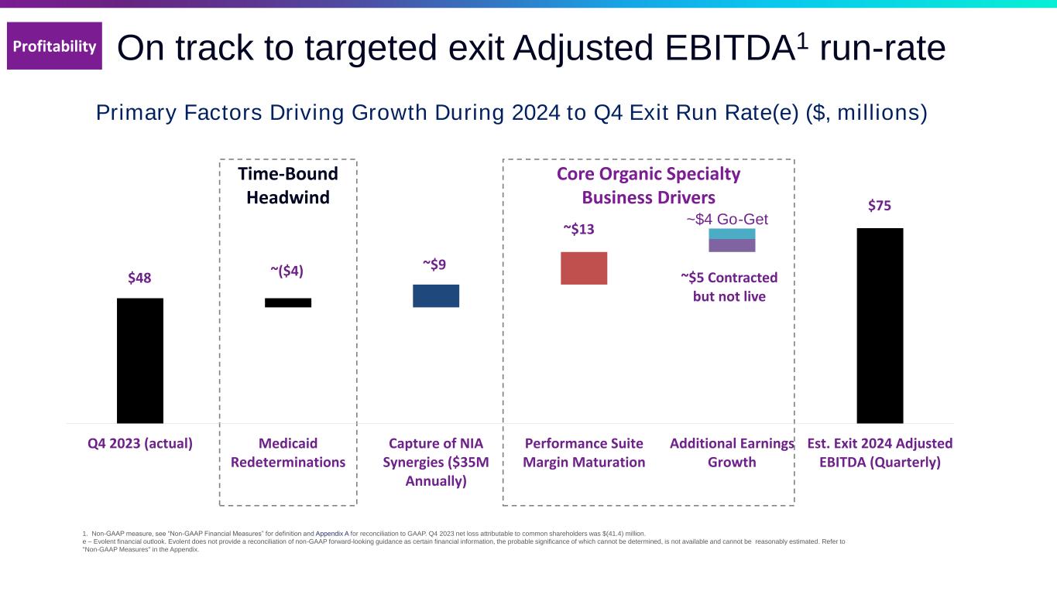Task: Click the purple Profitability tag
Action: pos(54,46)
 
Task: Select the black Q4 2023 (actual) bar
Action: pos(140,360)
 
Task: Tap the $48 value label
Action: pos(139,278)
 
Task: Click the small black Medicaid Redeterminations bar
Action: pos(288,302)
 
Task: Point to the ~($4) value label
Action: pos(287,271)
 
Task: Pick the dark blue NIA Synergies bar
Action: pos(436,295)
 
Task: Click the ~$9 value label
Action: pos(434,265)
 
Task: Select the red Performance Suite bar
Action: pos(584,268)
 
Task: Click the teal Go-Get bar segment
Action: pos(732,234)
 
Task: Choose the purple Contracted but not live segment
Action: pos(732,246)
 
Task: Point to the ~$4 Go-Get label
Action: pos(727,220)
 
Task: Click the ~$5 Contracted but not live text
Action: pos(729,286)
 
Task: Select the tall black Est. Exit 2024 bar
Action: pos(880,326)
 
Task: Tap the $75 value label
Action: pos(879,206)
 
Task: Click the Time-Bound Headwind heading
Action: pos(288,186)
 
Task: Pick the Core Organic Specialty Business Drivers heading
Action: pos(649,186)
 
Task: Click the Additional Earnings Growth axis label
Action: pos(732,452)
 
